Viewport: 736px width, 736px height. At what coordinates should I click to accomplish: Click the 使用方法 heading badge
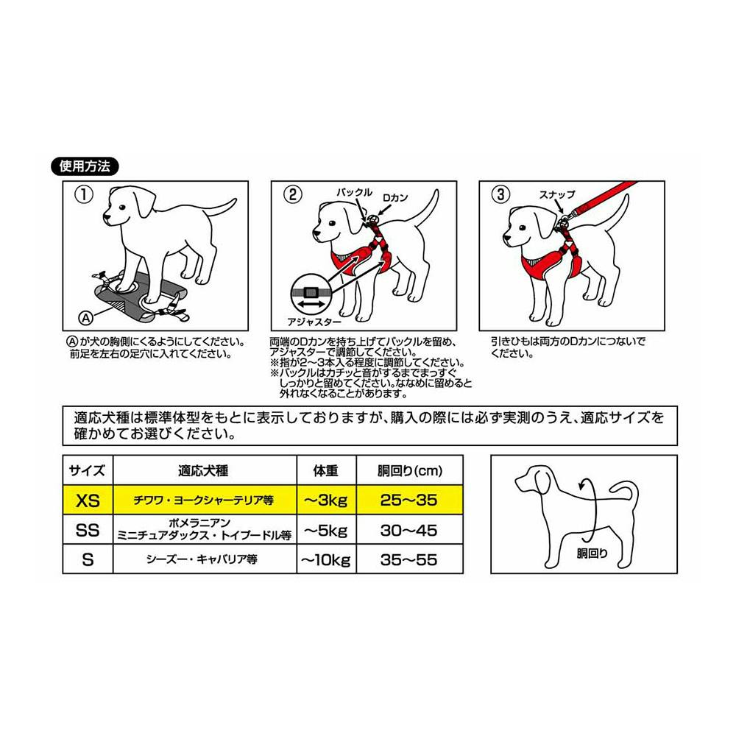tap(85, 166)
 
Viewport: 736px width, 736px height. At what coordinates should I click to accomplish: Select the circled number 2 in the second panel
tap(292, 194)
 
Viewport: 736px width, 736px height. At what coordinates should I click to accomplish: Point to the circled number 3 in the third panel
tap(500, 194)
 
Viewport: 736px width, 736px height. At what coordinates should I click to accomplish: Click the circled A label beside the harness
tap(86, 318)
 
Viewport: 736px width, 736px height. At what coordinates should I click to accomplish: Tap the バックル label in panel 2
tap(354, 192)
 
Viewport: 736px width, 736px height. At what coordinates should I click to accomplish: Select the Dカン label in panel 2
tap(395, 198)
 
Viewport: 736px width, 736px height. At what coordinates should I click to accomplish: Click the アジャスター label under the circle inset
tap(314, 322)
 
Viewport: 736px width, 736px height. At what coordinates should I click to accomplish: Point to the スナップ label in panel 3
tap(556, 194)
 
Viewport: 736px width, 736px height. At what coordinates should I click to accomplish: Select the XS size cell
tap(88, 500)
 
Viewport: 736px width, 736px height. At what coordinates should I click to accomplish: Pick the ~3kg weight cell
tap(326, 500)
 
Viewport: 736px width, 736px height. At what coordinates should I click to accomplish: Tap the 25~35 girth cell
tap(409, 500)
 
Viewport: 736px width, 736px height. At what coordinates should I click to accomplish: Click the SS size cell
tap(88, 531)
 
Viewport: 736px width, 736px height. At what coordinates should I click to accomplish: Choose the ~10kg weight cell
tap(326, 559)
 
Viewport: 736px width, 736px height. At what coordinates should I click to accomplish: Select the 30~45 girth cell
tap(409, 531)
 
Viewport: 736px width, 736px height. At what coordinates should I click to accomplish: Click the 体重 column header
tap(326, 471)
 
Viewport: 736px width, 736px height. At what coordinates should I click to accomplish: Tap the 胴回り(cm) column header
tap(410, 471)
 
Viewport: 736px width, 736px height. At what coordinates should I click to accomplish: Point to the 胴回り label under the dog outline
tap(592, 553)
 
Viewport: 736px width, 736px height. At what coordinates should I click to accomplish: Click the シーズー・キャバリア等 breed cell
tap(202, 559)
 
